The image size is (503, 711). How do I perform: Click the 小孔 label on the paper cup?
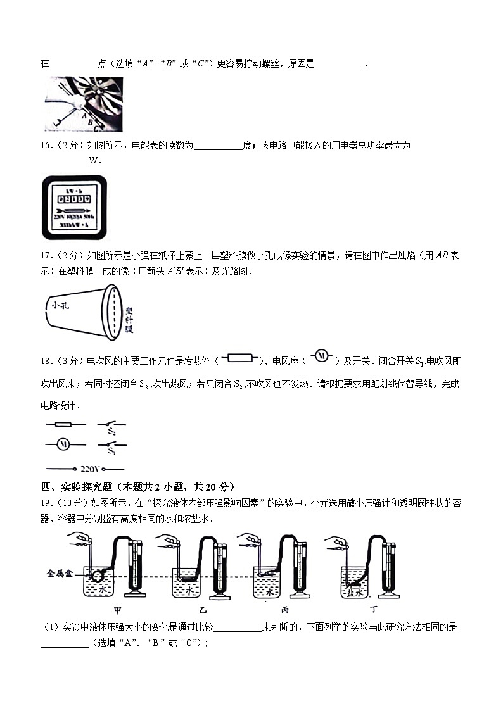coord(60,305)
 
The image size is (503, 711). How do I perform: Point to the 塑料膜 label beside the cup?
coord(129,320)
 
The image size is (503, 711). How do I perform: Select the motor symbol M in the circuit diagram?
coord(63,444)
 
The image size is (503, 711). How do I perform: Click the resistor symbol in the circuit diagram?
coord(63,424)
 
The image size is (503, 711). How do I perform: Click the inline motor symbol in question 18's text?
coord(321,357)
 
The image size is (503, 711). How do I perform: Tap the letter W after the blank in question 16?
coord(94,161)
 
